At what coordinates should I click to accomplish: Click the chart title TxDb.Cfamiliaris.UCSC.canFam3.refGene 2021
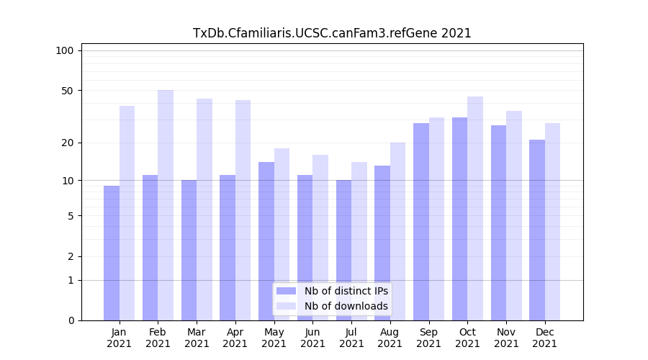332,33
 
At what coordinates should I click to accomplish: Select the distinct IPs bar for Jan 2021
112,253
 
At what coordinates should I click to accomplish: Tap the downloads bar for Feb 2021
166,205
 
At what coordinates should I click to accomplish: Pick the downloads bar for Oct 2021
475,209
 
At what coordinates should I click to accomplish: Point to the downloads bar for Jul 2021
359,241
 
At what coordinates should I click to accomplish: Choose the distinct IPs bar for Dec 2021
537,230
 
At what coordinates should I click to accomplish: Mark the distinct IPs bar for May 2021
266,241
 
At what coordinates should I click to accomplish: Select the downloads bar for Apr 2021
243,210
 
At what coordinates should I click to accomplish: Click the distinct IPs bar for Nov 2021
498,223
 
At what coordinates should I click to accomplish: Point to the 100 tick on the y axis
65,50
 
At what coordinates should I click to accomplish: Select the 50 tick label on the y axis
67,91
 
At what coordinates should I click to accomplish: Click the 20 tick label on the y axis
67,143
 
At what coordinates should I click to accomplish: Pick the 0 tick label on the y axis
70,320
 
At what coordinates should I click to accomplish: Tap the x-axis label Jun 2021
312,338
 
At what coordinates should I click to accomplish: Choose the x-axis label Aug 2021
390,338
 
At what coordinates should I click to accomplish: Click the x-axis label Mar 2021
197,338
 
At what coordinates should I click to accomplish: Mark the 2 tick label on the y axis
70,256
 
